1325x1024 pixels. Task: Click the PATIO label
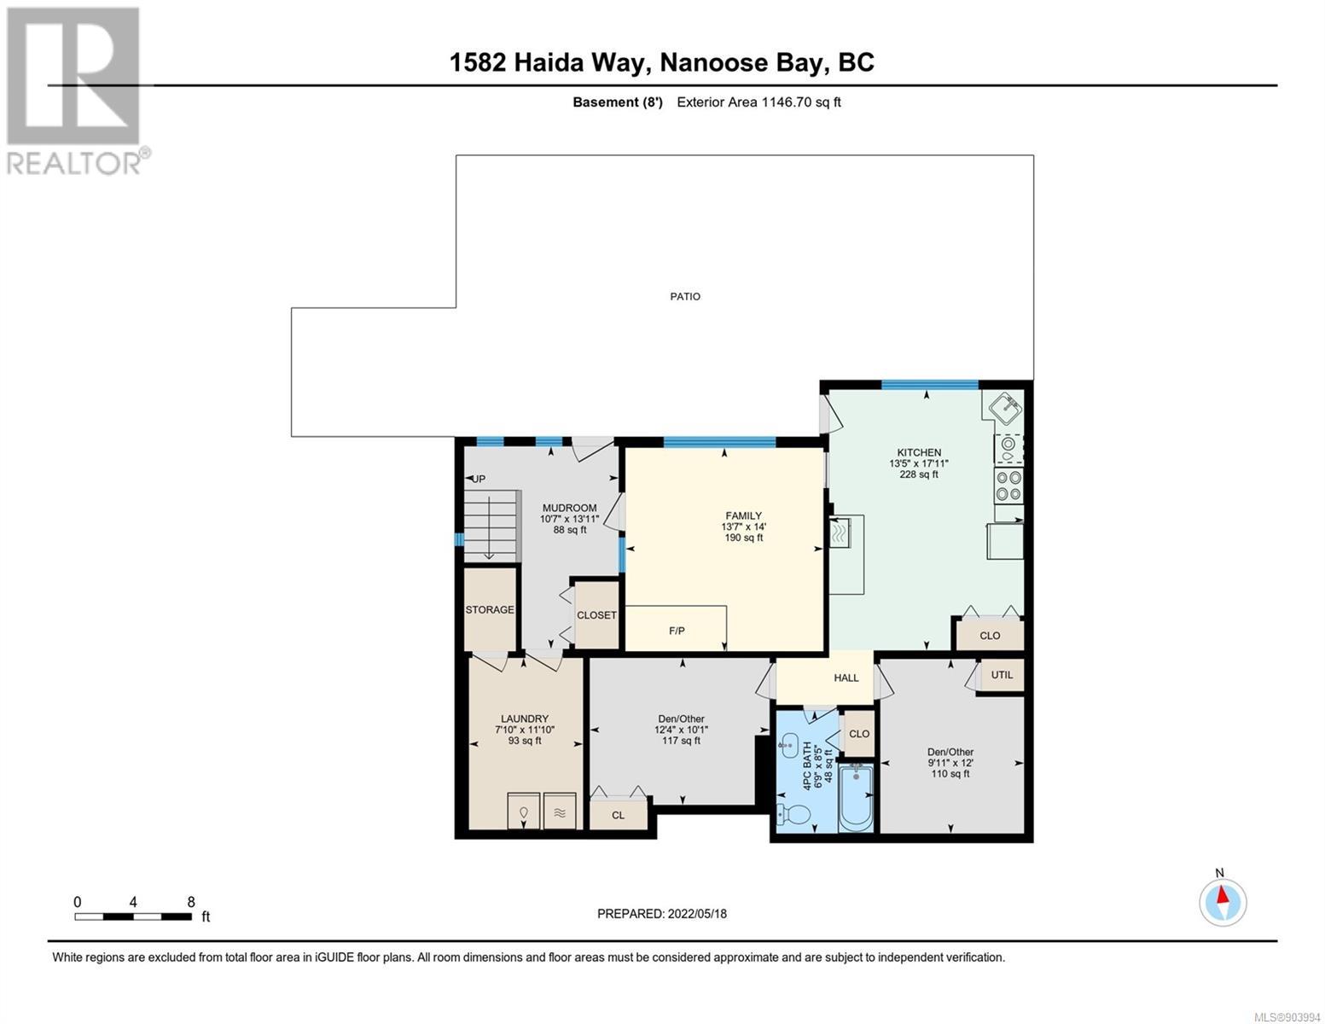pos(685,296)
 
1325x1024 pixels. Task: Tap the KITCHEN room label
pos(918,452)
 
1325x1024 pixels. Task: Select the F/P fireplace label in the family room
pos(677,631)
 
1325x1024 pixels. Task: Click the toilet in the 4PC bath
pos(793,812)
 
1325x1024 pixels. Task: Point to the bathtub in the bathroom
pos(856,798)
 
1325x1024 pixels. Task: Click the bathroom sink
pos(789,745)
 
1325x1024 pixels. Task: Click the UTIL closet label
pos(1002,674)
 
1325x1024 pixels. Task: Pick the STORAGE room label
pos(489,609)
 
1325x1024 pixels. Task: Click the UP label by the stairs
pos(479,479)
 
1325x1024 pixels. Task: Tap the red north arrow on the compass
pos(1222,894)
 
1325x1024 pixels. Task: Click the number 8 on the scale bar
pos(191,902)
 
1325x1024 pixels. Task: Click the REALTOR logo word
pos(73,164)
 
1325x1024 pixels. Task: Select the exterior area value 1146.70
pos(787,102)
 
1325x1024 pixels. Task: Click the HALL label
pos(846,678)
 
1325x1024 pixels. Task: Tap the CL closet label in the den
pos(618,815)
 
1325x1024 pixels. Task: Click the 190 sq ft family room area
pos(743,538)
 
